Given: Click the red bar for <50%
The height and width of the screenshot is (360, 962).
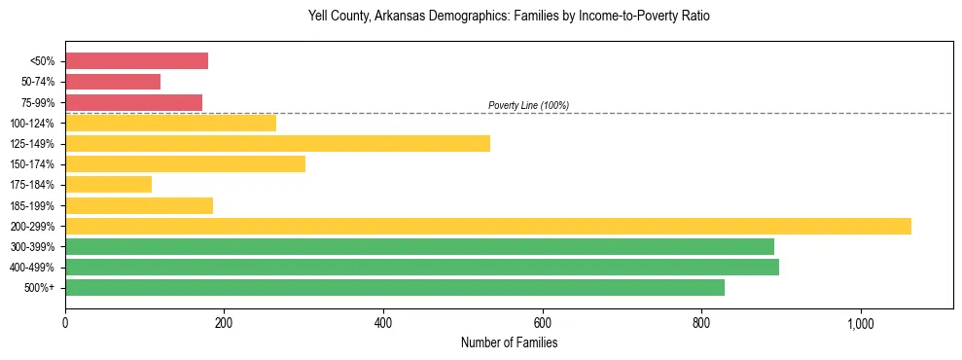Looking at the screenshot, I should tap(136, 61).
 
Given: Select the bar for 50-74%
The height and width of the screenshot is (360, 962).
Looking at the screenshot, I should tap(113, 82).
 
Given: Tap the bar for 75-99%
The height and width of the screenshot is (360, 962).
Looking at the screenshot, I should tap(133, 102).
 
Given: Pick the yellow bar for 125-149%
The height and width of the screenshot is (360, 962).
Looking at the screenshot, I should tap(277, 144).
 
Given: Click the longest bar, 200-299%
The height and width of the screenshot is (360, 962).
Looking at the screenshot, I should tap(487, 226).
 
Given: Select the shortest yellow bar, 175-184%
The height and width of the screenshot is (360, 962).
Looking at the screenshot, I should tap(108, 185).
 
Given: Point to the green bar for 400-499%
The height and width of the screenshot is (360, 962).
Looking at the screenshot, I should tap(421, 267).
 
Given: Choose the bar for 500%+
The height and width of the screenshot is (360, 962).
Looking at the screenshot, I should tap(394, 287).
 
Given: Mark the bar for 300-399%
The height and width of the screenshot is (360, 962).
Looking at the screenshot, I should tap(419, 246).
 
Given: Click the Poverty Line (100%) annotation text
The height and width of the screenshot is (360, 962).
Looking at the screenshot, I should tap(528, 105).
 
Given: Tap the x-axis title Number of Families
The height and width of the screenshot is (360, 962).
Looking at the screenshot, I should tap(509, 342).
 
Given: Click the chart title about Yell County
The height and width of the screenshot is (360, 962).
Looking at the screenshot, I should tap(509, 16).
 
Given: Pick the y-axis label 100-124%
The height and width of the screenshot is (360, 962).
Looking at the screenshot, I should tap(32, 124).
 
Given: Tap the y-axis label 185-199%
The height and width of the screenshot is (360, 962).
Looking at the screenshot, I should tap(32, 205).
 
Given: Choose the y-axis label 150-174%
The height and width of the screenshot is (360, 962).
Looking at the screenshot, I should tap(32, 164).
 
